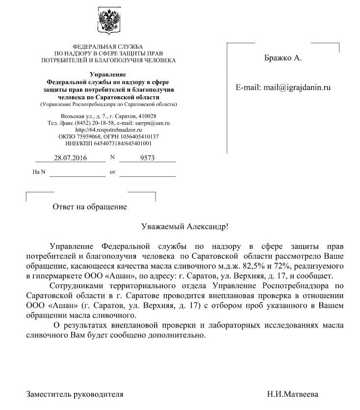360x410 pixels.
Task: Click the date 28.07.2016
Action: coord(70,158)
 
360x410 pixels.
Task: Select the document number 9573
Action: coord(147,158)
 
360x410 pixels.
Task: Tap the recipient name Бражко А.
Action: coord(283,58)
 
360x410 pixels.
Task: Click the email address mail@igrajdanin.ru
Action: coord(297,88)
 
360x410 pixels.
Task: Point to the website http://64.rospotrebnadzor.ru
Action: coord(108,130)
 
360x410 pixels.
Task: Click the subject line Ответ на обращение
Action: coord(89,207)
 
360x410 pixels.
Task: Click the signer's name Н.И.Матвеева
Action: coord(292,394)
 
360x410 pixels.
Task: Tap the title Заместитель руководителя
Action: coord(75,394)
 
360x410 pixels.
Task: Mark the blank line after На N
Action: coord(77,173)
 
